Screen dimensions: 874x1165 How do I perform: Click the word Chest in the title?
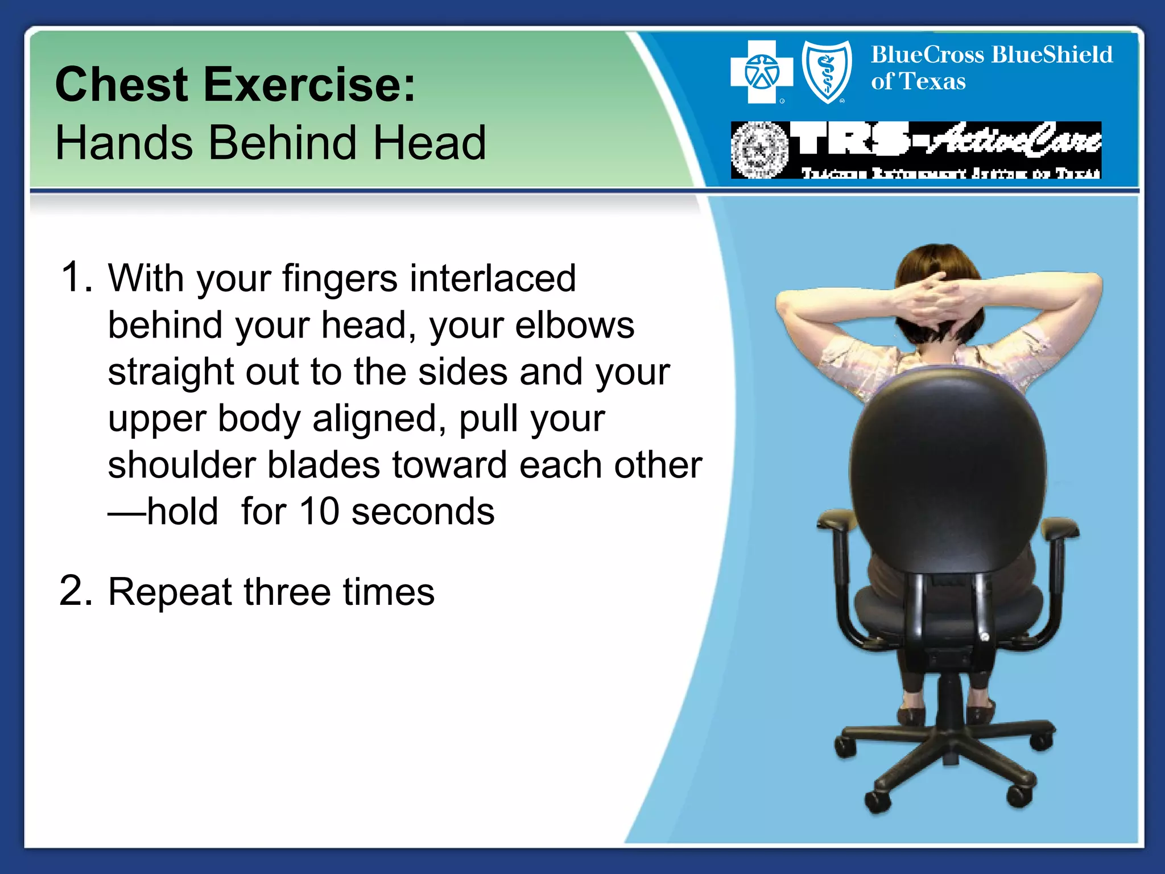(121, 85)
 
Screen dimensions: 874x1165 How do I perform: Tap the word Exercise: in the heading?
(310, 85)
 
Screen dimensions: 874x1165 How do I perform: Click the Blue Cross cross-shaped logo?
(762, 72)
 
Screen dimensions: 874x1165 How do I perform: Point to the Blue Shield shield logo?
(827, 72)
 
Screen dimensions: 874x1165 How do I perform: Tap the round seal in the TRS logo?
(759, 150)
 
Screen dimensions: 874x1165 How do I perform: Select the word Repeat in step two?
(170, 592)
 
